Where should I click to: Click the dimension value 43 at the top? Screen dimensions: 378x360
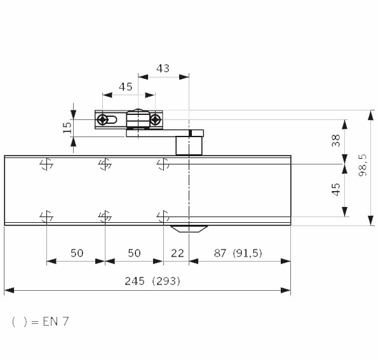[x=163, y=69]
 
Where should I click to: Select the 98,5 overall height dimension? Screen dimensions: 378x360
[x=363, y=165]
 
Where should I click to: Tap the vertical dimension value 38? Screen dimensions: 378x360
[x=336, y=140]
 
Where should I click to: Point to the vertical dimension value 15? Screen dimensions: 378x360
[x=67, y=128]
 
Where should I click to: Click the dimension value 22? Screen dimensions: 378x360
[x=177, y=253]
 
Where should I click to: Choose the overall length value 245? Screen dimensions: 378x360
[x=135, y=281]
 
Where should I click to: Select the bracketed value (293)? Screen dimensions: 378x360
[x=166, y=281]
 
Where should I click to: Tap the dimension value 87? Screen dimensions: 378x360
[x=220, y=253]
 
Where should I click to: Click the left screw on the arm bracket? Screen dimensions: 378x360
[x=103, y=119]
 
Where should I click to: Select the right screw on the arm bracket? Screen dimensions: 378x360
[x=156, y=119]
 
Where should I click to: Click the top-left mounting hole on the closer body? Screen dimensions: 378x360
[x=46, y=164]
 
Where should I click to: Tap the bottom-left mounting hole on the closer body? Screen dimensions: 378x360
[x=46, y=217]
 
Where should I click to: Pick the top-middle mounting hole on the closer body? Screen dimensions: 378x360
[x=105, y=164]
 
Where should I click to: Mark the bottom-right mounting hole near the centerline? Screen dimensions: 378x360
[x=163, y=217]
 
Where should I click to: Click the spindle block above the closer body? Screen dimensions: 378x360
[x=189, y=145]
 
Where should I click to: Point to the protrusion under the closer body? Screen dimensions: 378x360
[x=189, y=229]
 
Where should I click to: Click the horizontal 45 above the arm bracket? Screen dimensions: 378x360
[x=126, y=87]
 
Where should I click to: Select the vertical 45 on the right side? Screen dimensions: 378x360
[x=336, y=189]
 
